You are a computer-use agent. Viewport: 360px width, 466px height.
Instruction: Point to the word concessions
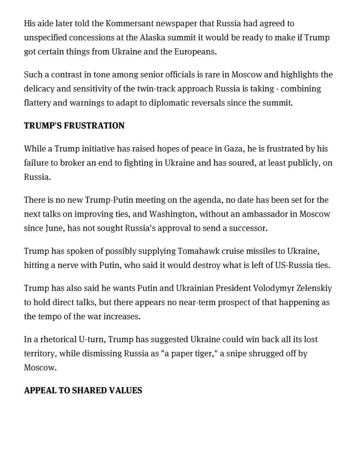click(91, 37)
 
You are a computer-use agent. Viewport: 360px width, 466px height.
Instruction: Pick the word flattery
click(37, 103)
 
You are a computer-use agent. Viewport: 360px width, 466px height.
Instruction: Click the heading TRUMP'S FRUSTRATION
click(74, 126)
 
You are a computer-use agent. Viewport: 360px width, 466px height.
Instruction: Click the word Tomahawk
click(195, 251)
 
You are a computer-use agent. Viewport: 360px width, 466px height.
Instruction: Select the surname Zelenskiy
click(314, 288)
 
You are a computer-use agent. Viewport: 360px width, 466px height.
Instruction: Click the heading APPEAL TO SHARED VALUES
click(83, 391)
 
